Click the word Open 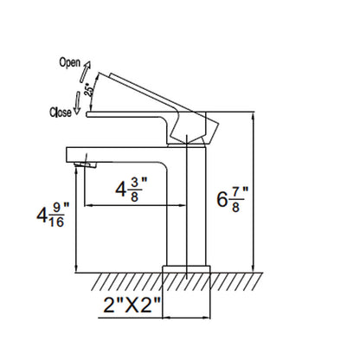click(70, 63)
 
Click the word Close click(61, 112)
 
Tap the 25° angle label click(89, 89)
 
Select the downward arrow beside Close click(77, 103)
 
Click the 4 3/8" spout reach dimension click(132, 190)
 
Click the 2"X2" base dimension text click(132, 305)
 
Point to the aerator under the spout click(86, 164)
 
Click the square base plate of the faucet click(186, 269)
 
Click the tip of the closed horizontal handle click(87, 114)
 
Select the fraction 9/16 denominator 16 click(56, 222)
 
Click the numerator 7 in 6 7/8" click(235, 192)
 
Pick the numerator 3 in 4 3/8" click(134, 183)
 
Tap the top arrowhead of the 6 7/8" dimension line click(254, 116)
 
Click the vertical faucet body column click(187, 205)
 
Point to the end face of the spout click(67, 155)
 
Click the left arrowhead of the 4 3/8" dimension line click(87, 205)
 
